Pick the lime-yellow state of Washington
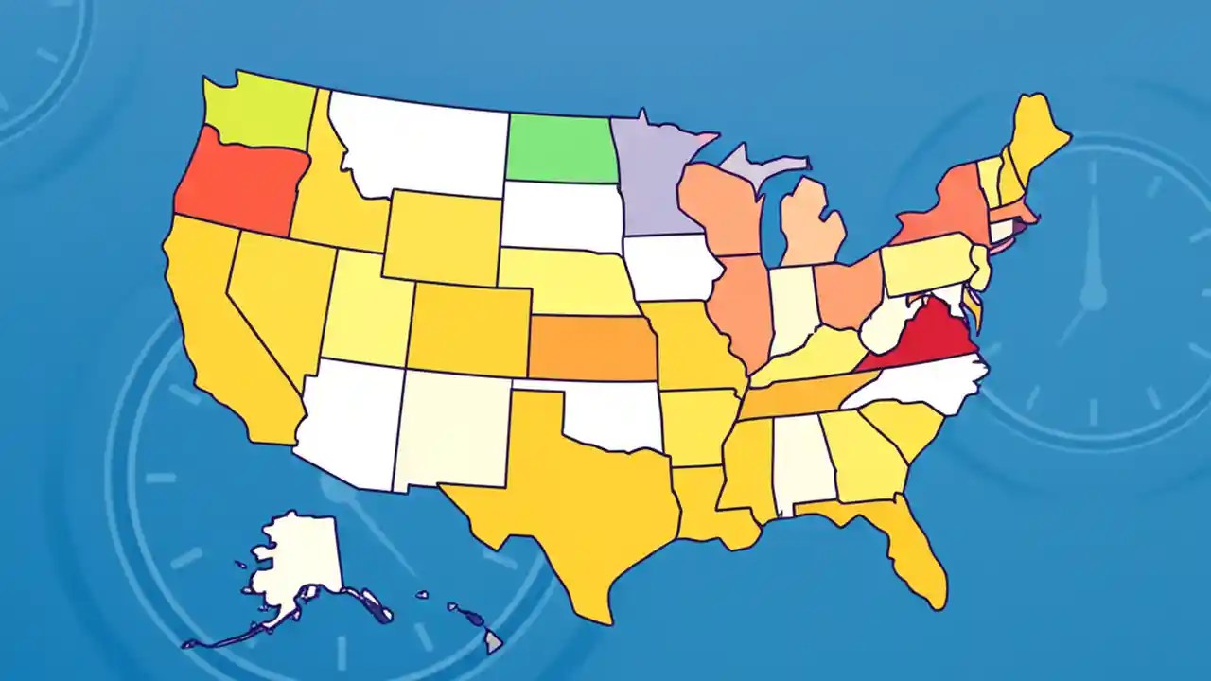255,115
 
